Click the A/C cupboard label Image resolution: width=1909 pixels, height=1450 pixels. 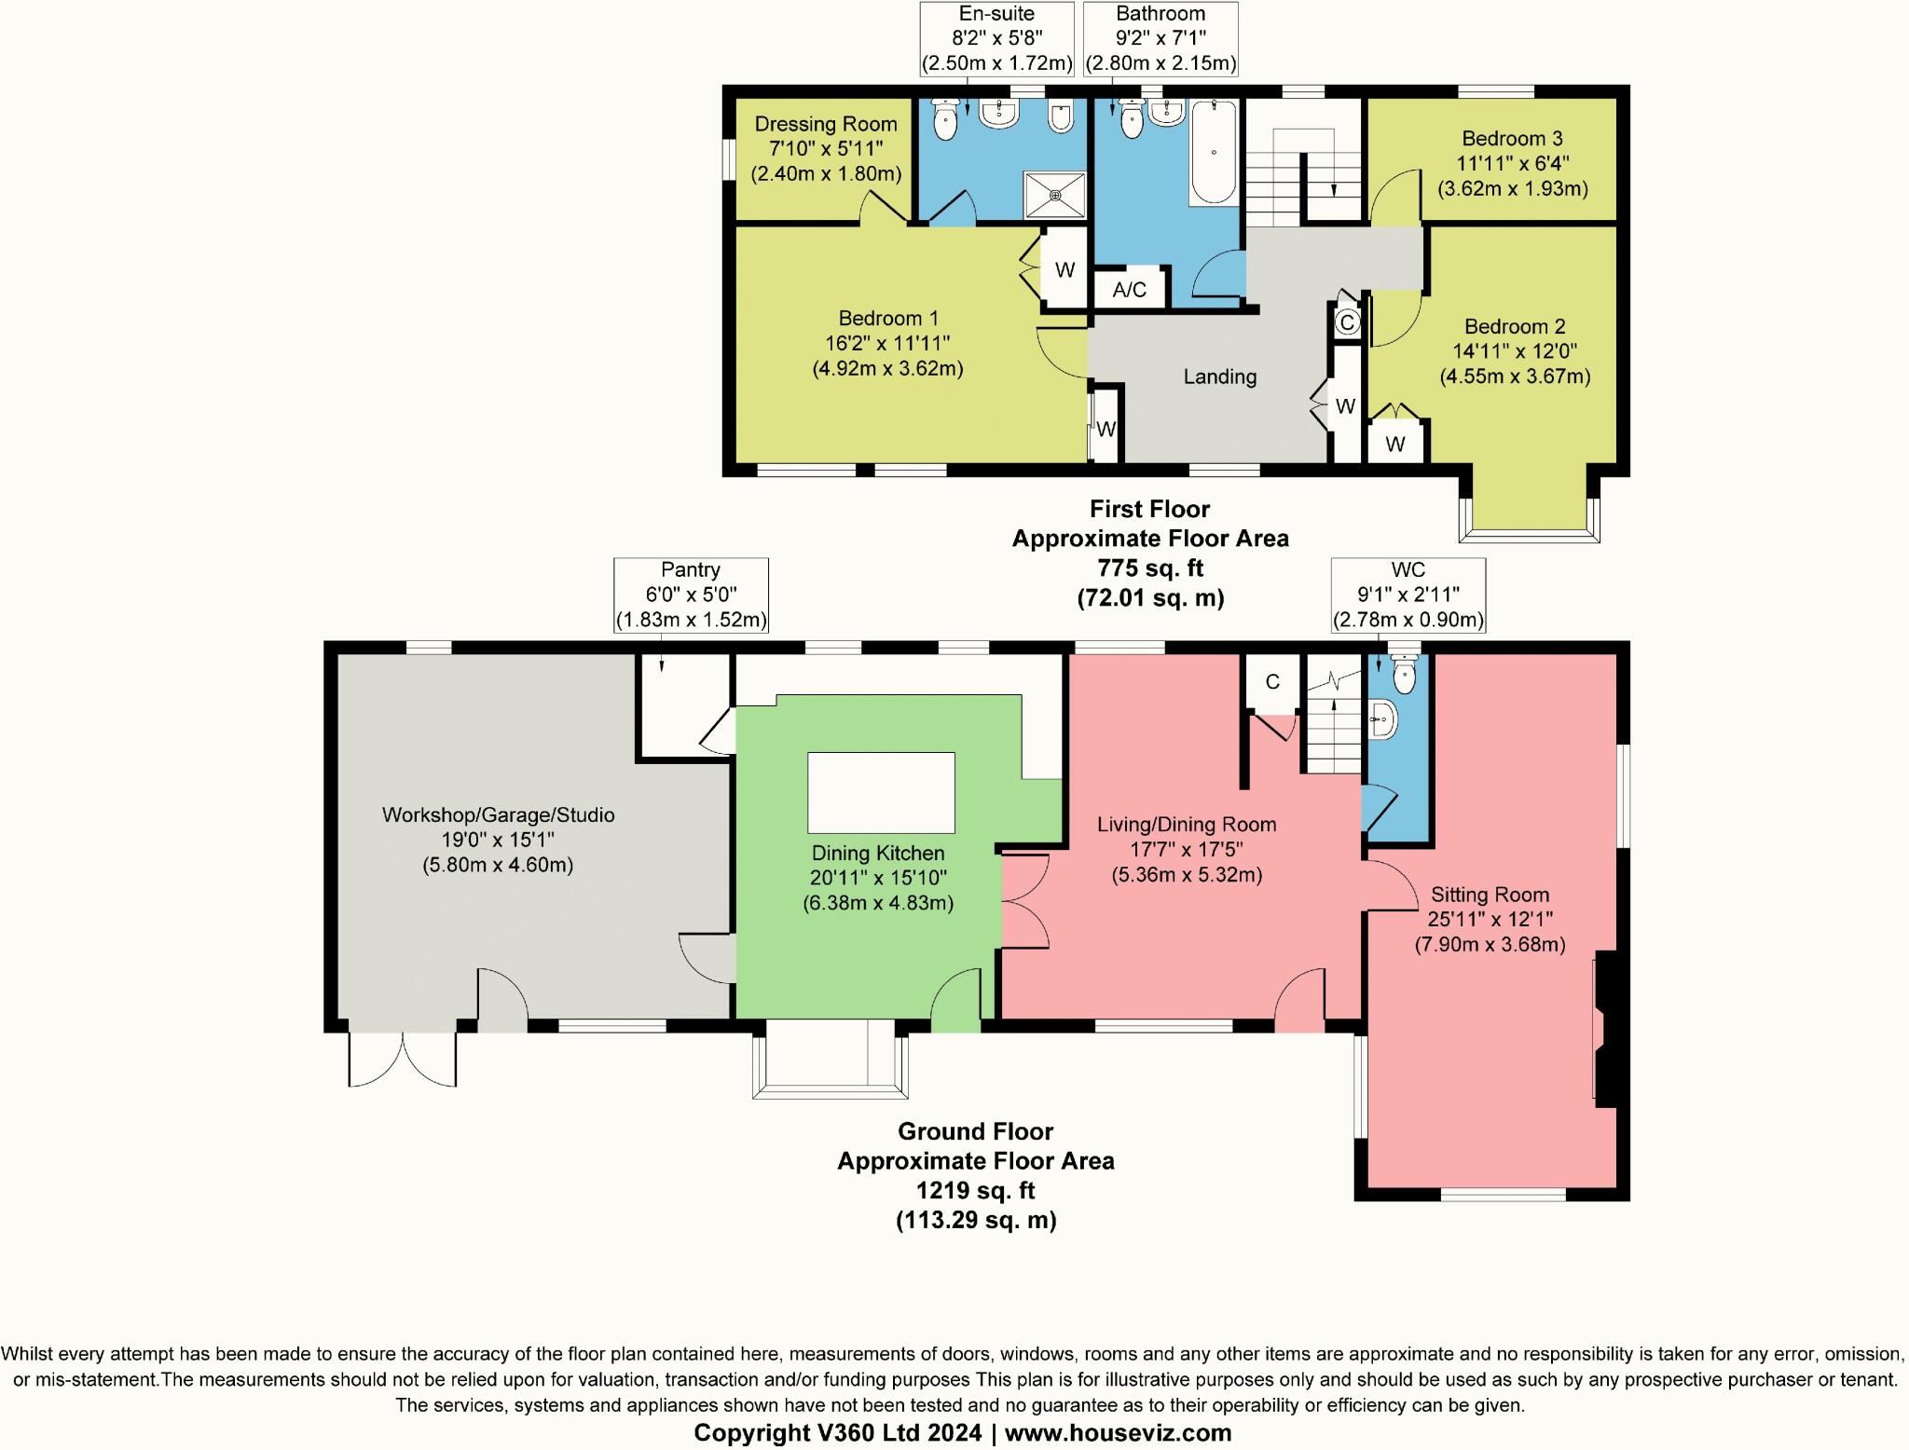(x=1129, y=289)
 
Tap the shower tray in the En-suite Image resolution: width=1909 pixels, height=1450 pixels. (x=1055, y=195)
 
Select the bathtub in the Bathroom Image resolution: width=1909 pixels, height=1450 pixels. (x=1213, y=153)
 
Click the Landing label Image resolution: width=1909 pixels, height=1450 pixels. (x=1219, y=376)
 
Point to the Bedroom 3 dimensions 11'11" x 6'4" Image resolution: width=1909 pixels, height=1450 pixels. (x=1512, y=163)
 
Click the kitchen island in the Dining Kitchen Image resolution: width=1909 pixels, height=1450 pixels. (x=881, y=792)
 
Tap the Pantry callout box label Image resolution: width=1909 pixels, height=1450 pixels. (x=690, y=570)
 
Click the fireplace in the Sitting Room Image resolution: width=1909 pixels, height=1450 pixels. (x=1609, y=1030)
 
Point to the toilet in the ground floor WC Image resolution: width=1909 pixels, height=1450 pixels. (x=1403, y=673)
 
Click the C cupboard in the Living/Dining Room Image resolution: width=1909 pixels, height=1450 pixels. (x=1272, y=682)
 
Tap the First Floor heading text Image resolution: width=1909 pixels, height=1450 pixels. (x=1149, y=509)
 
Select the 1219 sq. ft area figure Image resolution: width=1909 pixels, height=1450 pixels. (x=975, y=1190)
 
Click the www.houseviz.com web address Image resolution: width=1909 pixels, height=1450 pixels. (x=1118, y=1432)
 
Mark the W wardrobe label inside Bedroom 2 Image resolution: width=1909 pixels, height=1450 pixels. (x=1394, y=445)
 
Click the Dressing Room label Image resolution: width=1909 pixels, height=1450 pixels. (x=825, y=124)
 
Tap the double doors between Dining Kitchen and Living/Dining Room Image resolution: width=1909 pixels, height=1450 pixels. (x=1024, y=900)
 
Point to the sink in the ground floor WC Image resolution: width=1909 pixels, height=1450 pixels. (x=1383, y=720)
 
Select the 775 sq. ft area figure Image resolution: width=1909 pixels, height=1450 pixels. (x=1149, y=568)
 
